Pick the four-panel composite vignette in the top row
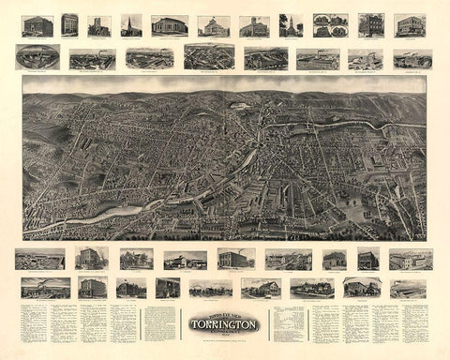pos(330,24)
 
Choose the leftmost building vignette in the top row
pos(37,24)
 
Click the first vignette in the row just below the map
pos(39,259)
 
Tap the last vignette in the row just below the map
pos(411,259)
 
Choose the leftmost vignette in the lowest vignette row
pos(45,287)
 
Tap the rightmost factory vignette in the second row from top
pos(412,59)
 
